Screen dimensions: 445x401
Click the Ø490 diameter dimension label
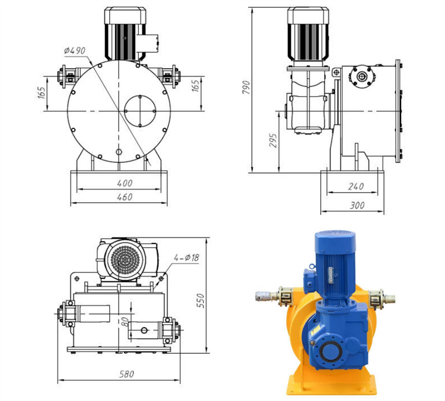pos(74,51)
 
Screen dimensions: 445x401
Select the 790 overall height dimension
pos(246,88)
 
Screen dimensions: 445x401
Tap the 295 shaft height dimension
pos(273,140)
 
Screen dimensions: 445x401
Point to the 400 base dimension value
pos(125,183)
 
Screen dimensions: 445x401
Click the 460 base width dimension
pos(125,197)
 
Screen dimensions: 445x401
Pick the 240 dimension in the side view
pos(356,186)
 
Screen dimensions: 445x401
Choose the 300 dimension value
pos(357,205)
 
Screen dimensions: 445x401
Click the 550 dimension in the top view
pos(201,301)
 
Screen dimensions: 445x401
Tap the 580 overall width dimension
pos(126,374)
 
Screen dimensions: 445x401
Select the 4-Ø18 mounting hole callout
pos(186,258)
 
